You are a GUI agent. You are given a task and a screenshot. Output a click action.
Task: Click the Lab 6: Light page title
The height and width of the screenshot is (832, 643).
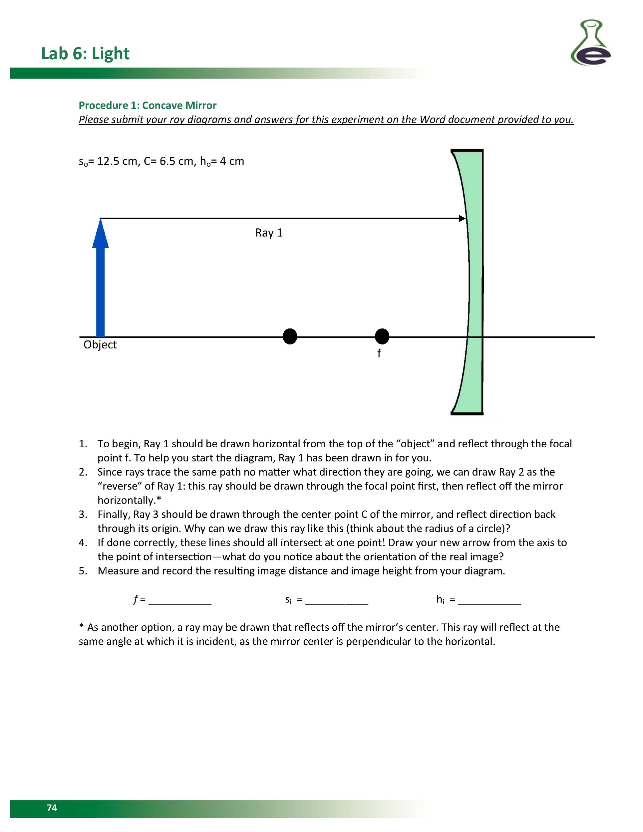(85, 53)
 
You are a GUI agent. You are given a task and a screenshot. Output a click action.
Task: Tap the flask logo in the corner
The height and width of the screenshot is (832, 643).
(590, 43)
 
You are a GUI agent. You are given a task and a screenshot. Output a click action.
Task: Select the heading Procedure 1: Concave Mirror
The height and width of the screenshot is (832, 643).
(148, 105)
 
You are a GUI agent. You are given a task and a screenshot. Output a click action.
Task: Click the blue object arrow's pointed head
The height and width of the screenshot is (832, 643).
(100, 234)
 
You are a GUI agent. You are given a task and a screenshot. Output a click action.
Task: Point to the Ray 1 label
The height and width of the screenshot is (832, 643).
(269, 233)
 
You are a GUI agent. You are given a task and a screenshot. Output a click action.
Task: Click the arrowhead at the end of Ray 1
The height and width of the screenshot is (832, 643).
(462, 218)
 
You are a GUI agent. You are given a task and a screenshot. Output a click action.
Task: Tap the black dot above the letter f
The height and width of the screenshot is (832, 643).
(382, 336)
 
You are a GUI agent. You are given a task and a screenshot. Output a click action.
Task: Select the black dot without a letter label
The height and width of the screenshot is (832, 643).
(290, 336)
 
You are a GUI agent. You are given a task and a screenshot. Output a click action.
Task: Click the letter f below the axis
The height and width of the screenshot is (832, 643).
(379, 353)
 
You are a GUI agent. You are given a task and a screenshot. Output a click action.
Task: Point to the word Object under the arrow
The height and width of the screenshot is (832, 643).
(100, 344)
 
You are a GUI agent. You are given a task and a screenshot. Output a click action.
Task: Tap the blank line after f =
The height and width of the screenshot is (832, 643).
(180, 600)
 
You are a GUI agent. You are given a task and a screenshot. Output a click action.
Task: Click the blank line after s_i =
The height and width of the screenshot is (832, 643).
(337, 600)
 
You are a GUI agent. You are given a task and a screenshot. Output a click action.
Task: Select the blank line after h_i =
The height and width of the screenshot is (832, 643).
(489, 600)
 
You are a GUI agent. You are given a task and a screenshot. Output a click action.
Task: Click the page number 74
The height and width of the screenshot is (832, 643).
(52, 808)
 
